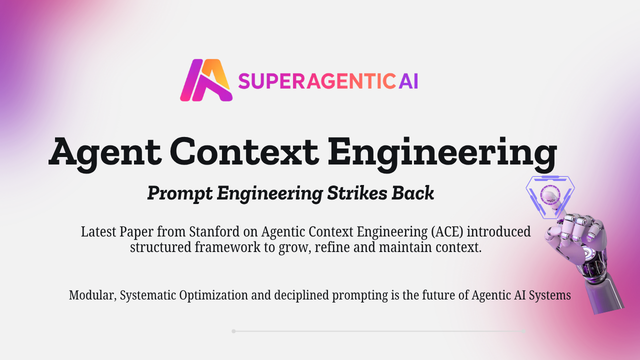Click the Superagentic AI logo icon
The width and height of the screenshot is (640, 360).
[206, 80]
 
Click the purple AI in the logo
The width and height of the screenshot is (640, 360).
[408, 80]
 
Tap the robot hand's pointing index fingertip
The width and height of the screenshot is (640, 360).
[549, 196]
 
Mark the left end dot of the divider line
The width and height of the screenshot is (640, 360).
[233, 331]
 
